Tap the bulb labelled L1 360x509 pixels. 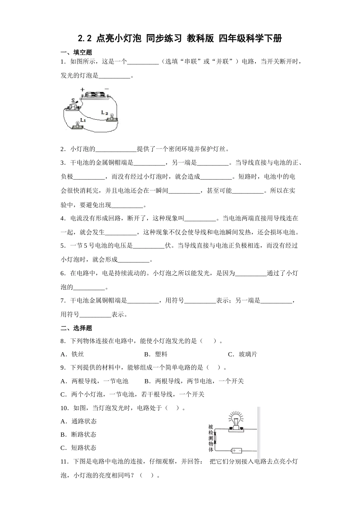77,124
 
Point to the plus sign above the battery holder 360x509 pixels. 82,90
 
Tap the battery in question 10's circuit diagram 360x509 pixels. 236,450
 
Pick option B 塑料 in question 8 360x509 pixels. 156,354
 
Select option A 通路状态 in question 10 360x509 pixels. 78,421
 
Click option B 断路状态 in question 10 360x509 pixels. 78,434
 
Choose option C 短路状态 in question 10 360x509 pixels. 78,448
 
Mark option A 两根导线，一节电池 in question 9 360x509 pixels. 94,381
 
